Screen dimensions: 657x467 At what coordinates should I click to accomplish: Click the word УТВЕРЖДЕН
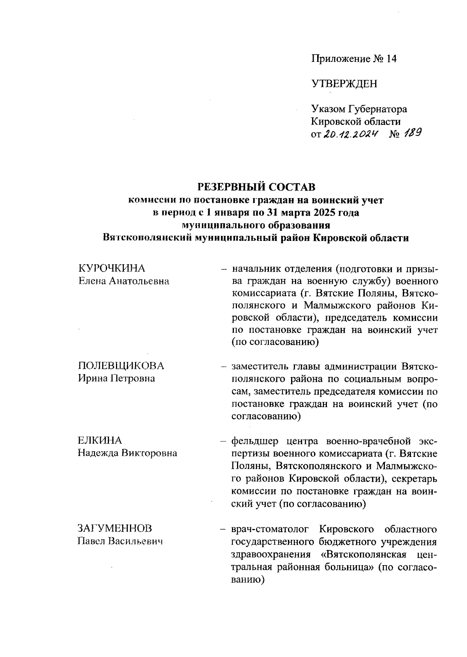[344, 83]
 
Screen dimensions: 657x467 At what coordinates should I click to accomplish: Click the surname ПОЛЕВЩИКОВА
[121, 366]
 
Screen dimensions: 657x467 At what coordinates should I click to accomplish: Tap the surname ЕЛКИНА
[100, 441]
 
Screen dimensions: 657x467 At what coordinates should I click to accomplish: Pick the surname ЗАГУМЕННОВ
[115, 528]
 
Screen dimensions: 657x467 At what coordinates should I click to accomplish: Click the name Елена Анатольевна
[123, 281]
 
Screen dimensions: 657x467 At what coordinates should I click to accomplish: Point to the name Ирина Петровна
[116, 378]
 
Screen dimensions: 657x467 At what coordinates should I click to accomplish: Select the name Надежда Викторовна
[127, 453]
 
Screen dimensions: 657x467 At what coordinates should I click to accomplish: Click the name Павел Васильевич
[119, 541]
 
